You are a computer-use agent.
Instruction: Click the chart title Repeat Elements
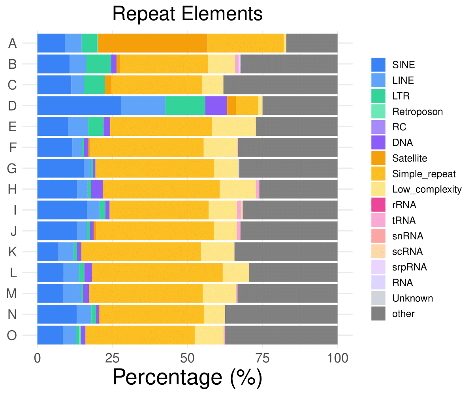click(187, 15)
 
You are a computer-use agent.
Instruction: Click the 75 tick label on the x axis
click(263, 359)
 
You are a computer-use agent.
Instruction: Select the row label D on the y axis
click(13, 106)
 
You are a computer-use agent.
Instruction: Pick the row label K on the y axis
click(13, 252)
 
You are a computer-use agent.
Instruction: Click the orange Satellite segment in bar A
click(153, 43)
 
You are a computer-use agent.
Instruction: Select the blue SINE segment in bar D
click(79, 106)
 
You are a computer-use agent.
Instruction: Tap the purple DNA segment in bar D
click(216, 106)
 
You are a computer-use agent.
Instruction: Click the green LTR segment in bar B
click(98, 64)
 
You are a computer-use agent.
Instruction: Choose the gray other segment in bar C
click(280, 85)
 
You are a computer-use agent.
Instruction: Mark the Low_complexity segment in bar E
click(234, 127)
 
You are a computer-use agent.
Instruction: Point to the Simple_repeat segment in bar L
click(157, 273)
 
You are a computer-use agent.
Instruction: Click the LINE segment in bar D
click(143, 106)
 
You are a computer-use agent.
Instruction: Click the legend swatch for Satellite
click(378, 158)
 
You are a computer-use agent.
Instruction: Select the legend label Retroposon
click(418, 112)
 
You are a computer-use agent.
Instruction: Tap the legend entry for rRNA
click(404, 205)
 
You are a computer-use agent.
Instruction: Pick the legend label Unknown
click(412, 298)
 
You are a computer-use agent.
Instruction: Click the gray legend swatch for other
click(378, 314)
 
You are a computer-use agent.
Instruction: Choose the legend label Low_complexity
click(427, 190)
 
